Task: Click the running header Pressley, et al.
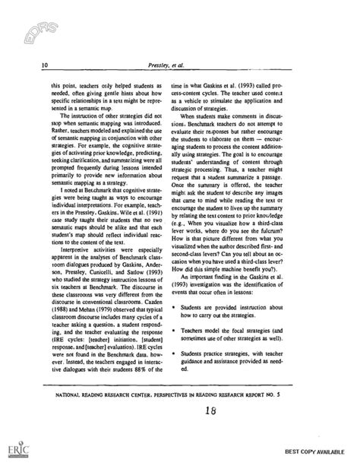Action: tap(179, 66)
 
